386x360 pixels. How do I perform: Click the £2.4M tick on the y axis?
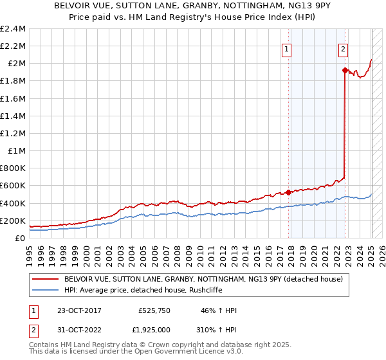point(13,29)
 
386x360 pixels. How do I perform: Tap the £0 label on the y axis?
point(21,239)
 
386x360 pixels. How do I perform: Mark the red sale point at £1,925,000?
point(345,70)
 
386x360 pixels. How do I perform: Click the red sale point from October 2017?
point(288,192)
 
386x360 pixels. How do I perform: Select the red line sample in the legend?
point(45,279)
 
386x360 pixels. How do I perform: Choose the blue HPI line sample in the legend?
point(45,291)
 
